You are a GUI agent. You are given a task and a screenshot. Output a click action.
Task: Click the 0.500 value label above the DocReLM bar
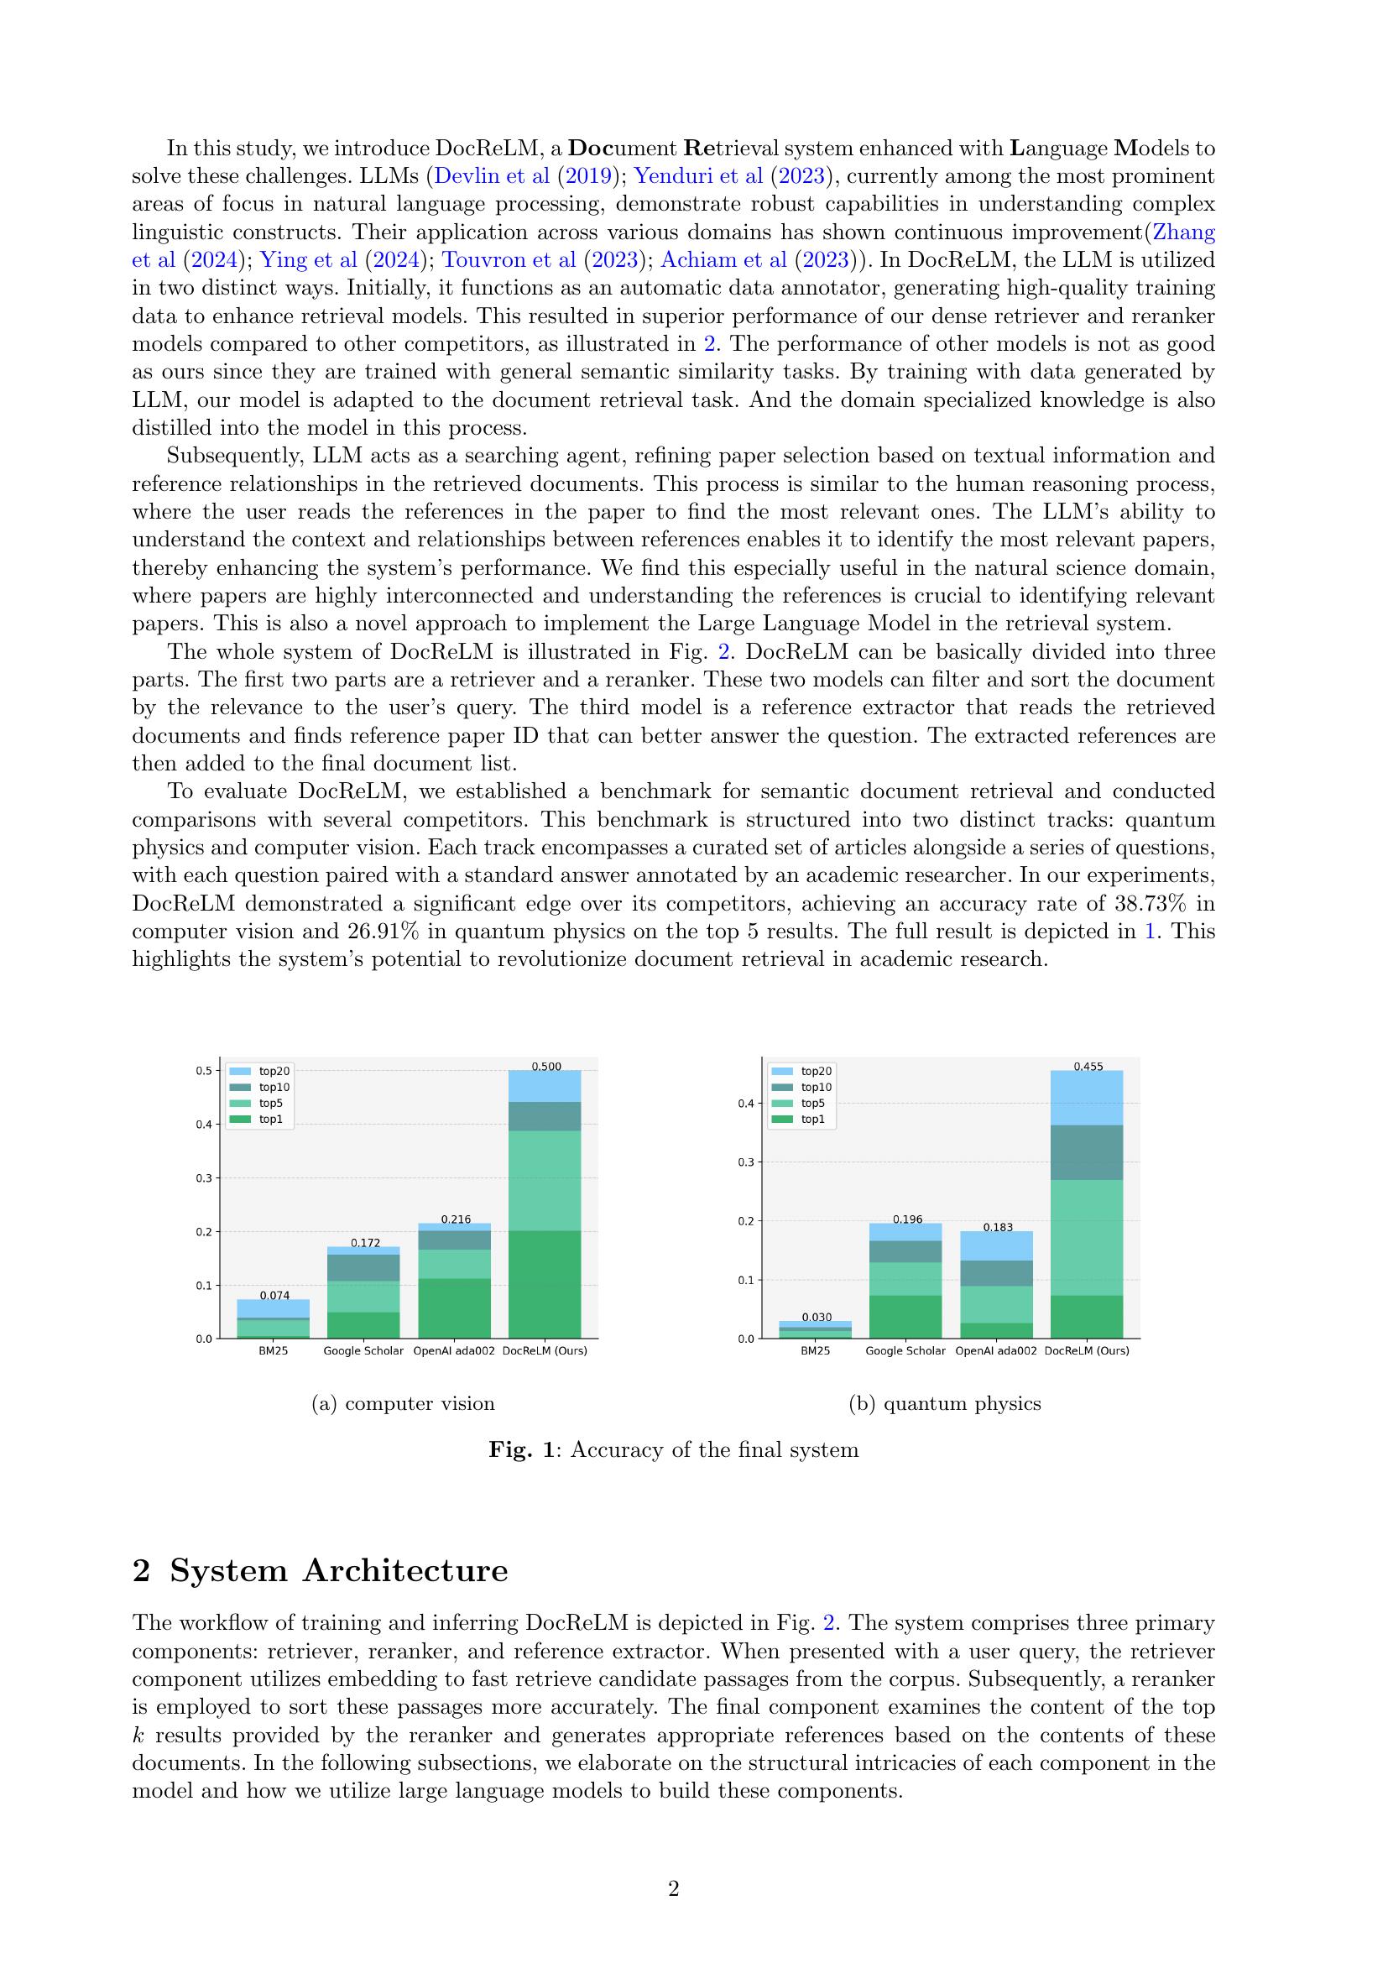(546, 1066)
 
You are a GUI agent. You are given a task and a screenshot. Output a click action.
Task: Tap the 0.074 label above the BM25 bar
(274, 1295)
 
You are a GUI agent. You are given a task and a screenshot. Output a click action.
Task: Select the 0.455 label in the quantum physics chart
(1088, 1066)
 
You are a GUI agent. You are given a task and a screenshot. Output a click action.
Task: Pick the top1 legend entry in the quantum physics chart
(812, 1120)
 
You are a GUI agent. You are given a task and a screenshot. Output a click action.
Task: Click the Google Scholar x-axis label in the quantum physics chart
(905, 1351)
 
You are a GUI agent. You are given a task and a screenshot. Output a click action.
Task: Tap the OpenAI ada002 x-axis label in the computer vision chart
(454, 1351)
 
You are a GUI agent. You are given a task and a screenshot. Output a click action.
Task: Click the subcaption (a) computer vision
(404, 1403)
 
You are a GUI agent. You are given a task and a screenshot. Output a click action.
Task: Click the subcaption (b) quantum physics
(944, 1403)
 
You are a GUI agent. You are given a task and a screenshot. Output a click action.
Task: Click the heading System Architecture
(338, 1570)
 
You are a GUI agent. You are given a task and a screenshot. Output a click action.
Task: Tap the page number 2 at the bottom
(674, 1888)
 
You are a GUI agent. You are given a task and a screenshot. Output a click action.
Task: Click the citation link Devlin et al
(492, 176)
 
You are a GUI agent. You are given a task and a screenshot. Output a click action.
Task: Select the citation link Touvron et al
(509, 260)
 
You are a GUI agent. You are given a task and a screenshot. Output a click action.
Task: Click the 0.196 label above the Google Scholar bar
(907, 1219)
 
